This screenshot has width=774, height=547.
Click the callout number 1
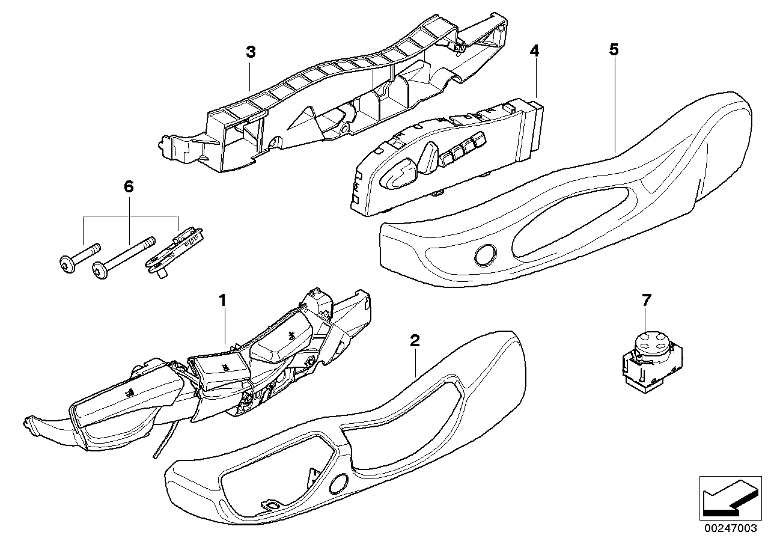(x=222, y=299)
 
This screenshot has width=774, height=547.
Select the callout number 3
(x=251, y=52)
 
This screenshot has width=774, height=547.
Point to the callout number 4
(x=534, y=51)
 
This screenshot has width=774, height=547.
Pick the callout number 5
(x=613, y=50)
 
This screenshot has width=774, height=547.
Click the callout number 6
(x=128, y=187)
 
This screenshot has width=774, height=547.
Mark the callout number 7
(x=646, y=299)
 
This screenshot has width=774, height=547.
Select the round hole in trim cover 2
(x=340, y=482)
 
